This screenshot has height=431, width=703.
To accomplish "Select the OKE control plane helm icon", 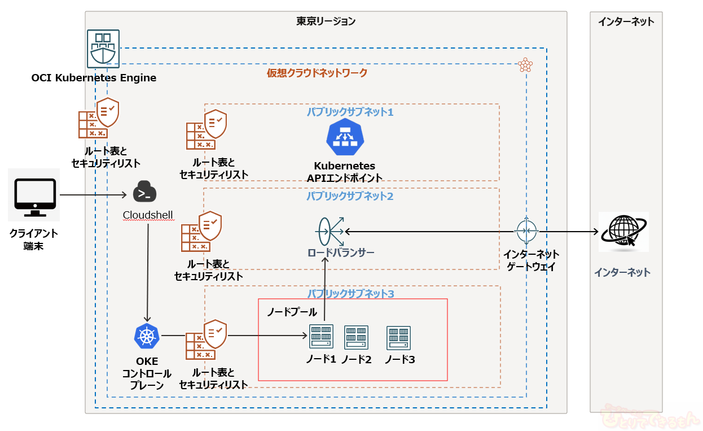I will (x=147, y=337).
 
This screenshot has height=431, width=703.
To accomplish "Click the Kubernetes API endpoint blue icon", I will (x=345, y=137).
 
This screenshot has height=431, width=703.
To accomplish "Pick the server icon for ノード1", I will (x=322, y=336).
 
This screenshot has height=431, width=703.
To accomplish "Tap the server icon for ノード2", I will (x=356, y=337).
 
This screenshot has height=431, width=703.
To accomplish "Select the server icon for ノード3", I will (x=398, y=338).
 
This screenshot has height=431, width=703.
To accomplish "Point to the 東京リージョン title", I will (x=326, y=21).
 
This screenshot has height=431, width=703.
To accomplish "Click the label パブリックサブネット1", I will (x=350, y=112).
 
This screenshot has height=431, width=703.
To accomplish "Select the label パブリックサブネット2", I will (x=350, y=196).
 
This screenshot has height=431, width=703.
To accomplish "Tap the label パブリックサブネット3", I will (x=350, y=294).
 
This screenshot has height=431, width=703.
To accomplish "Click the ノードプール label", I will (x=292, y=312).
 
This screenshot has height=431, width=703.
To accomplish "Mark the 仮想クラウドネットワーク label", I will (x=317, y=73).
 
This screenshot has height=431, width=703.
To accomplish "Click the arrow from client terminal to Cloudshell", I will (x=93, y=195).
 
